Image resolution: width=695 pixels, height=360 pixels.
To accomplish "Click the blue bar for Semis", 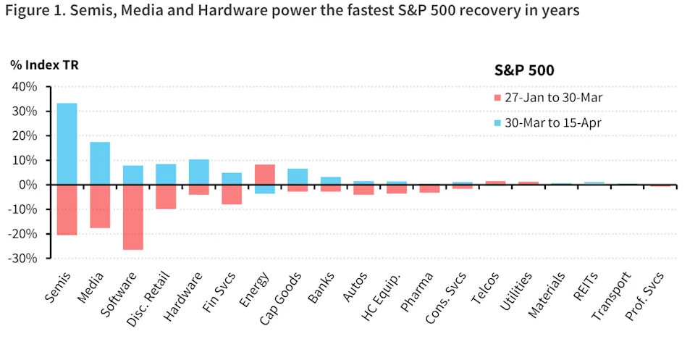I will point(67,144).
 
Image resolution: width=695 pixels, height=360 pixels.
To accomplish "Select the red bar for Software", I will point(132,217).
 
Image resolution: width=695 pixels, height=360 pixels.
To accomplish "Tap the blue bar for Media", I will point(100,163).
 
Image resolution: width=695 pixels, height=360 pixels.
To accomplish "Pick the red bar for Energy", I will point(264,175).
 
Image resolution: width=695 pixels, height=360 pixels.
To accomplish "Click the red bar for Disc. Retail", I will point(166,197).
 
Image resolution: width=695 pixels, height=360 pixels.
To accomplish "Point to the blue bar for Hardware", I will point(198,172).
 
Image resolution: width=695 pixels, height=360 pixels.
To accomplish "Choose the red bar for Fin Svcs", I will point(232,195).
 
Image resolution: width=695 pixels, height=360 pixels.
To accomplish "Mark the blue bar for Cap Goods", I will point(298,177).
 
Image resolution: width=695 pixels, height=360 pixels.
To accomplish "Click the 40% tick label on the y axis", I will point(24,87).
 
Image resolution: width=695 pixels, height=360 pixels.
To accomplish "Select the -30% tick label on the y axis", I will point(22,258).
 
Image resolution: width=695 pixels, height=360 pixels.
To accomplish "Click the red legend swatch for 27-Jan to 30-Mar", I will point(497,98).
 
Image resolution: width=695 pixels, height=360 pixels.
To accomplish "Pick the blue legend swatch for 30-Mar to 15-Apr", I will point(497,123).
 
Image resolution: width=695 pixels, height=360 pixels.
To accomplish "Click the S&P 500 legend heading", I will point(524,70).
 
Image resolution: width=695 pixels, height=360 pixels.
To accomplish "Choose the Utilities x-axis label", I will point(516,290).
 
